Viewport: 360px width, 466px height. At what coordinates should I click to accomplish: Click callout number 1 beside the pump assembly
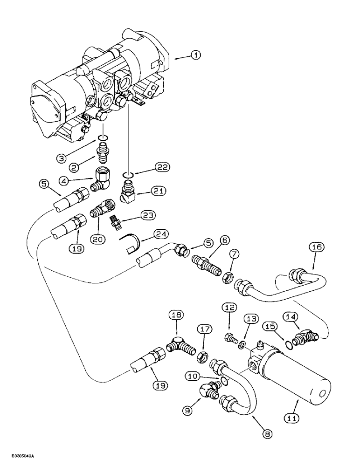[x=196, y=55]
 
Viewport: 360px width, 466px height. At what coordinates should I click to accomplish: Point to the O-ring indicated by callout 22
[x=129, y=175]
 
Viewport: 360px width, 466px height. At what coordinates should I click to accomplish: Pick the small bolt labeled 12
[x=229, y=336]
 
